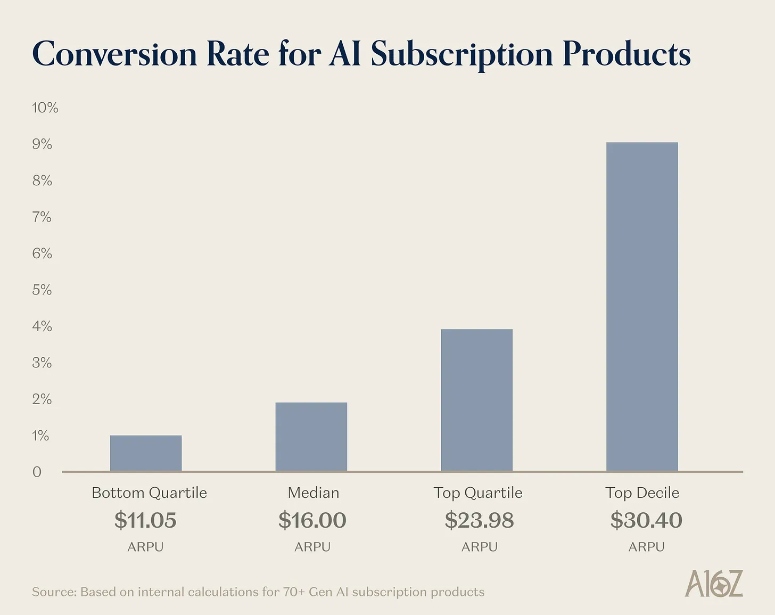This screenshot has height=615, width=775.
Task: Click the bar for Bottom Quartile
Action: pyautogui.click(x=146, y=453)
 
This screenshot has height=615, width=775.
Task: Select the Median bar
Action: pyautogui.click(x=311, y=437)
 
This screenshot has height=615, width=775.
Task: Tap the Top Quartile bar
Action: pyautogui.click(x=477, y=400)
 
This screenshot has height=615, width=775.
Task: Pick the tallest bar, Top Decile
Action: pyautogui.click(x=642, y=307)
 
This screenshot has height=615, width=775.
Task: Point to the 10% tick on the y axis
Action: pyautogui.click(x=45, y=108)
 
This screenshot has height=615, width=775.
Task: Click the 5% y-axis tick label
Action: pyautogui.click(x=42, y=290)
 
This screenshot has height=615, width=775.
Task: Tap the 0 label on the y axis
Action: pyautogui.click(x=37, y=472)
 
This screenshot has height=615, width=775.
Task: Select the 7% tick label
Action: pyautogui.click(x=42, y=217)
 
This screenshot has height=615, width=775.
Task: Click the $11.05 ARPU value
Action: pyautogui.click(x=145, y=520)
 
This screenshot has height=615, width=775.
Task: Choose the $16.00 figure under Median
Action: pyautogui.click(x=312, y=520)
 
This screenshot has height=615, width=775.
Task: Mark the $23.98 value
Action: pyautogui.click(x=479, y=520)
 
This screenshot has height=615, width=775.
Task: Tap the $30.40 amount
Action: pyautogui.click(x=646, y=520)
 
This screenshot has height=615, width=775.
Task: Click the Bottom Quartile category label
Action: pyautogui.click(x=149, y=493)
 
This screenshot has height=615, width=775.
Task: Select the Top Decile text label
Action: pyautogui.click(x=642, y=493)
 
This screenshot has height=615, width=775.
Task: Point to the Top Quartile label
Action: pyautogui.click(x=477, y=493)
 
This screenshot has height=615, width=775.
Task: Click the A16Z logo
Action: pyautogui.click(x=714, y=584)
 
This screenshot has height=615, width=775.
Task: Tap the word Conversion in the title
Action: pyautogui.click(x=114, y=54)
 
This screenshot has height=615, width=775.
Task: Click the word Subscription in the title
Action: pyautogui.click(x=461, y=54)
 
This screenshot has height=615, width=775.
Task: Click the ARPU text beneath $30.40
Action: pyautogui.click(x=646, y=547)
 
